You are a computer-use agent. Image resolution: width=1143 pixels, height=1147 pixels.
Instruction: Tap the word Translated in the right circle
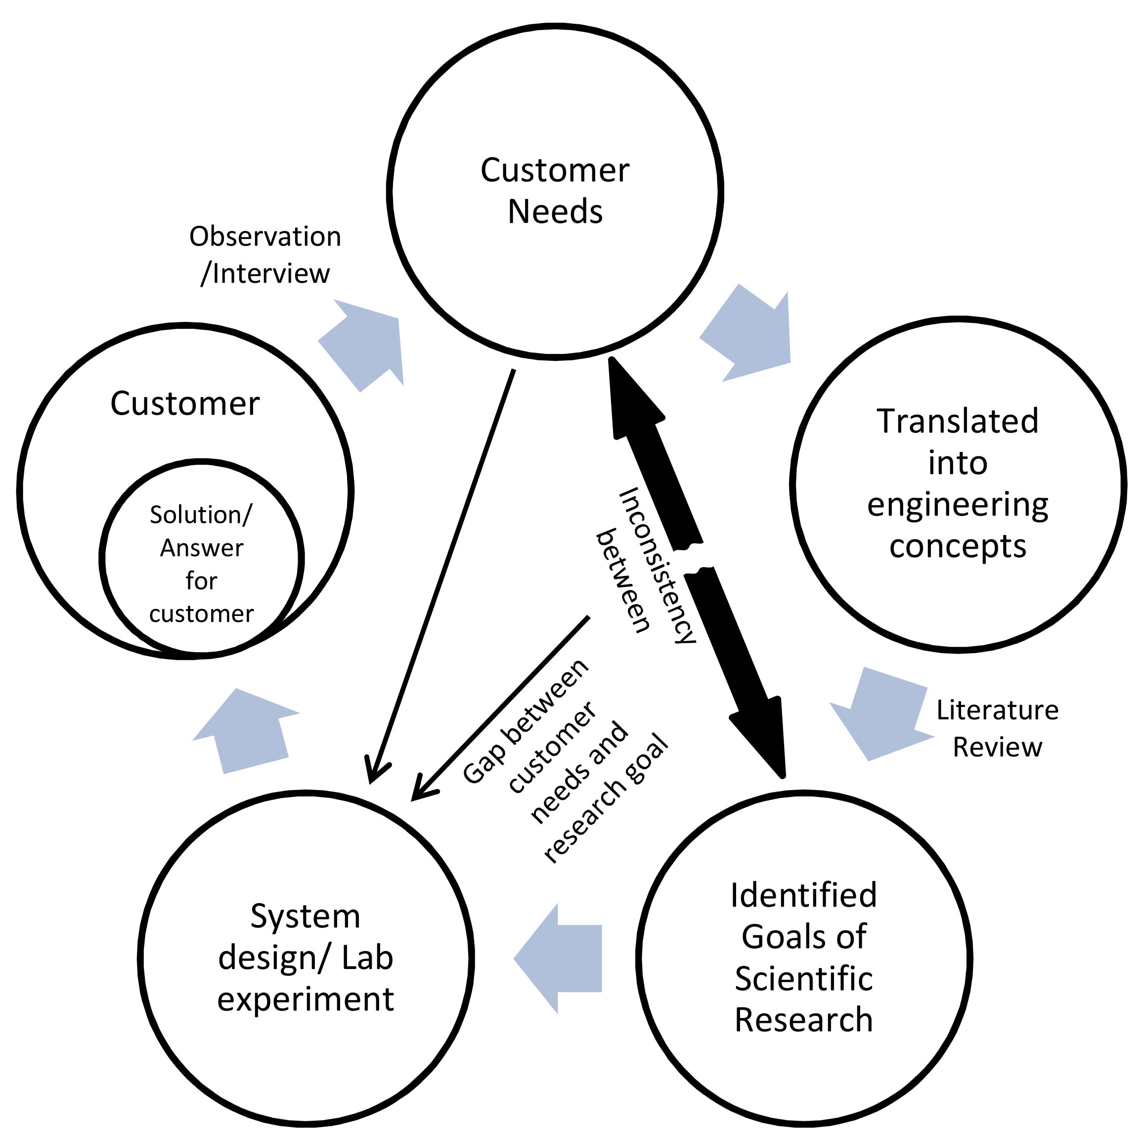957,422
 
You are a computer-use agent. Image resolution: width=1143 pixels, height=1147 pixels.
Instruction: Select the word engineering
957,506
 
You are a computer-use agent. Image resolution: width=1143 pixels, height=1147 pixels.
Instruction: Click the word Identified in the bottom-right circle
803,895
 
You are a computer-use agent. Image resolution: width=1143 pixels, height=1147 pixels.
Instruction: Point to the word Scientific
803,978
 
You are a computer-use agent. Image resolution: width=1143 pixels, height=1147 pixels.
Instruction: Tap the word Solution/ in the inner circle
201,515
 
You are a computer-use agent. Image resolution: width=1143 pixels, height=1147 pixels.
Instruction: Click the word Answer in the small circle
201,548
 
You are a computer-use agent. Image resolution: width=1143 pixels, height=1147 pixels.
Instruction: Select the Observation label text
265,237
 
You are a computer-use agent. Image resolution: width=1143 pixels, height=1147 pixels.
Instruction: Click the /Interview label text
265,274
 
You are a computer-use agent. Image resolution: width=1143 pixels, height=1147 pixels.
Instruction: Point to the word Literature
997,710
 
